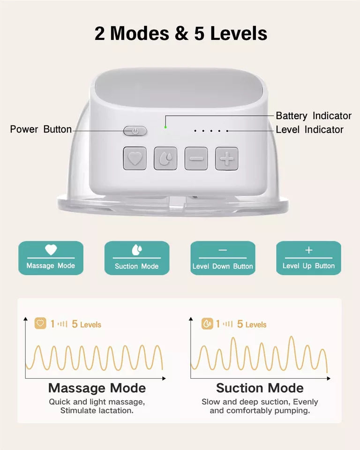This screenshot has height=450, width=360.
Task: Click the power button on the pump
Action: tap(135, 131)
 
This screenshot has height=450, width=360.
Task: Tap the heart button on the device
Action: tap(135, 158)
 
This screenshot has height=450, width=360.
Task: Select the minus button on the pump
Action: tap(196, 158)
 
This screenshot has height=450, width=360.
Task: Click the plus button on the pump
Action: tap(227, 158)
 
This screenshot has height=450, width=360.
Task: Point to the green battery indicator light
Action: tap(165, 127)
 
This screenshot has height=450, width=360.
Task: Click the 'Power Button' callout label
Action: tap(41, 129)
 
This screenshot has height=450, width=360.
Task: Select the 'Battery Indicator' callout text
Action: tap(313, 115)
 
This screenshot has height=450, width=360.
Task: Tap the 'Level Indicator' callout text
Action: tap(309, 130)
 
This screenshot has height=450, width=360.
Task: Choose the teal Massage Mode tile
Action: tap(51, 258)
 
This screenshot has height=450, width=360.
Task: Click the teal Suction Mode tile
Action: tap(137, 258)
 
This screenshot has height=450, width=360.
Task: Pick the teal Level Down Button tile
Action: tap(223, 258)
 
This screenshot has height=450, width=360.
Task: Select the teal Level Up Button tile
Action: tap(308, 258)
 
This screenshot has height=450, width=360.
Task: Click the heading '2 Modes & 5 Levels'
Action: tap(181, 34)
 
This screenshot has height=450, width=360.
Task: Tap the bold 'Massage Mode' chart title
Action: tap(97, 388)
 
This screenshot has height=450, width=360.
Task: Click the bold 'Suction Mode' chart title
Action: tap(260, 388)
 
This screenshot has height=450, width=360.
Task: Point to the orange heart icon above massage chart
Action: tap(40, 323)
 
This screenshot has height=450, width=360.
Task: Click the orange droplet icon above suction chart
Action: tap(207, 323)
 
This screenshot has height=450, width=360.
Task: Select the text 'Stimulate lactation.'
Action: tap(97, 411)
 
